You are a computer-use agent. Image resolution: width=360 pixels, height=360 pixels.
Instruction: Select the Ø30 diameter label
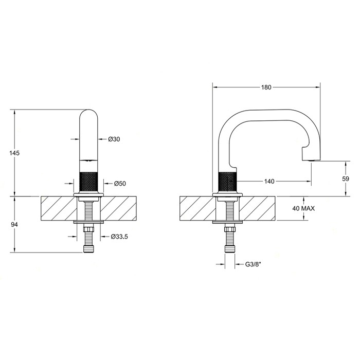pyautogui.click(x=115, y=139)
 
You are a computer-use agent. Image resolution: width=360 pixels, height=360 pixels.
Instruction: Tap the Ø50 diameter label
pyautogui.click(x=120, y=183)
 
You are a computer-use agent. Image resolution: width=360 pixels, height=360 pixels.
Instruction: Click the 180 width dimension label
pyautogui.click(x=266, y=87)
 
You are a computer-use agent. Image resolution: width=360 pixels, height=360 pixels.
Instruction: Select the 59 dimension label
pyautogui.click(x=346, y=178)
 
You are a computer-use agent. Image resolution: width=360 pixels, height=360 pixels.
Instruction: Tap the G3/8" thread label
pyautogui.click(x=254, y=265)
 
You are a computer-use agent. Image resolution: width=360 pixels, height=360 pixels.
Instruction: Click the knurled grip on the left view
pyautogui.click(x=90, y=177)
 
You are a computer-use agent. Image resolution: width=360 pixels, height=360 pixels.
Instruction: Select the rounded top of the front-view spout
pyautogui.click(x=90, y=114)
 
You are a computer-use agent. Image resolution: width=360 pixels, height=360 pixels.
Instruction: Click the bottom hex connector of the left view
pyautogui.click(x=90, y=249)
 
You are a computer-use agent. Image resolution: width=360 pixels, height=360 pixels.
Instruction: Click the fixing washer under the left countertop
pyautogui.click(x=90, y=222)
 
